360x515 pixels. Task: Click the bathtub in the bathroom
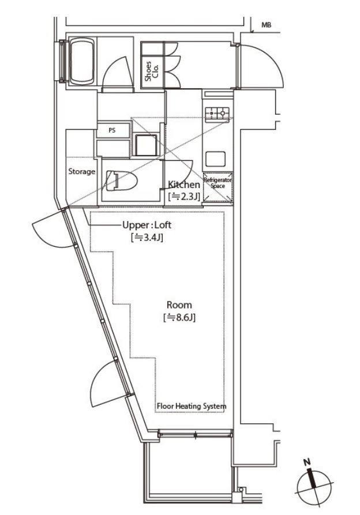point(82,61)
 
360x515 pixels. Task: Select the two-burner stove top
point(217,114)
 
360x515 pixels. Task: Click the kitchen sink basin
point(215,159)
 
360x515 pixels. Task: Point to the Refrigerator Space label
point(217,183)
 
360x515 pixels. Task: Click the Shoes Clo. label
point(152,71)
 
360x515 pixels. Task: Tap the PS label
point(112,130)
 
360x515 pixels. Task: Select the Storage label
point(82,171)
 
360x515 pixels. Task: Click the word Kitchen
point(184,185)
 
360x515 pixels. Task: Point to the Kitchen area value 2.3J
point(184,197)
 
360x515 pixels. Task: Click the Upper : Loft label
point(147,225)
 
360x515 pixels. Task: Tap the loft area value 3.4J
point(147,238)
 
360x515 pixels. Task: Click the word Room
point(179,305)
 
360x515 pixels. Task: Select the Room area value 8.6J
point(179,318)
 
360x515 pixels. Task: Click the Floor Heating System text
point(192,406)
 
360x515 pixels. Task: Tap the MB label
point(267,25)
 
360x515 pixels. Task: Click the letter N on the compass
point(307,462)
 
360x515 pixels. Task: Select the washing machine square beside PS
point(146,145)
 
